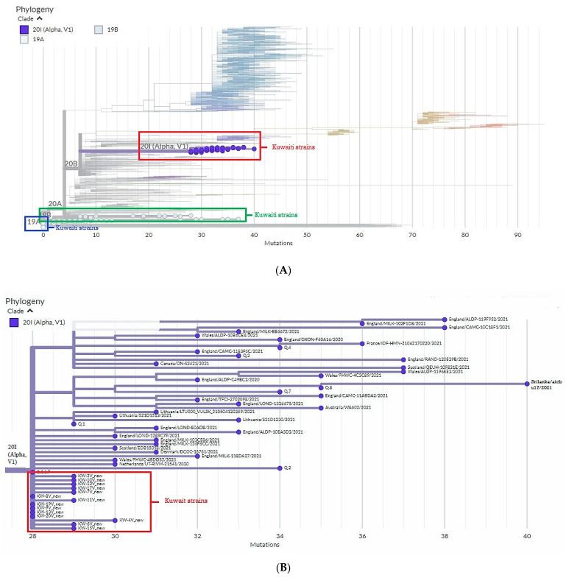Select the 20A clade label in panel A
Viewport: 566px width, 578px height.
pyautogui.click(x=54, y=203)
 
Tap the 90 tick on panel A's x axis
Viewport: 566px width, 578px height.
pyautogui.click(x=517, y=236)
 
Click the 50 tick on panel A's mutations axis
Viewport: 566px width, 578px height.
pyautogui.click(x=307, y=236)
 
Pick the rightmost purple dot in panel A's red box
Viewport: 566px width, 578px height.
pyautogui.click(x=254, y=149)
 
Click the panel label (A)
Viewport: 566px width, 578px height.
pyautogui.click(x=283, y=271)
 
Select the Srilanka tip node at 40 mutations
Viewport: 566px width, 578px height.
pyautogui.click(x=526, y=383)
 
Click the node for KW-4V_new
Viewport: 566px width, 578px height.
pyautogui.click(x=115, y=520)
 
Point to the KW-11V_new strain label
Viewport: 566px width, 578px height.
pyautogui.click(x=92, y=500)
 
